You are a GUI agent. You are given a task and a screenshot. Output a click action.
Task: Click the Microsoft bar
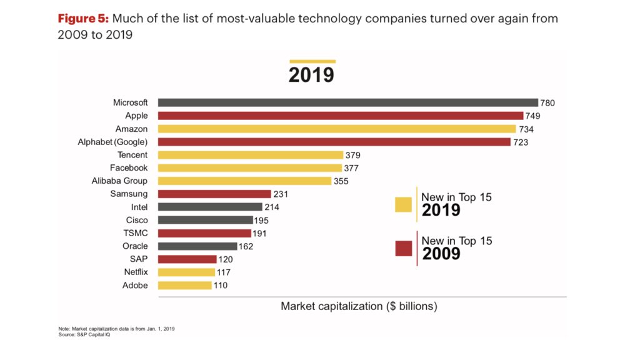tap(347, 102)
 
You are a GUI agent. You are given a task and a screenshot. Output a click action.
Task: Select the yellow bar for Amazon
tap(337, 129)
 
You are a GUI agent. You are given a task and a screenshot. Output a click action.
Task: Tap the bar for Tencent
tap(251, 155)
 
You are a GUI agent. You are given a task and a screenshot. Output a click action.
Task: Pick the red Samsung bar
tap(214, 194)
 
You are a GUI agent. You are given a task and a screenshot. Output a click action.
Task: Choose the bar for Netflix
tap(186, 272)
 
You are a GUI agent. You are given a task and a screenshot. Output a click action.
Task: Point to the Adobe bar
tap(184, 285)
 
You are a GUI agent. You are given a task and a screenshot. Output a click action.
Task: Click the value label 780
tap(548, 103)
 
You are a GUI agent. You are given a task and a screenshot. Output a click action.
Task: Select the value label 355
tap(341, 181)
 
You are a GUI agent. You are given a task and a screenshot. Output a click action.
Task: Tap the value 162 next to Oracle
tap(246, 246)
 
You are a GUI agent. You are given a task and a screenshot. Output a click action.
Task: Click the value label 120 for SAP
tap(225, 259)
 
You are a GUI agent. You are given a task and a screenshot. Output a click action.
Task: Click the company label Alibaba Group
tap(119, 181)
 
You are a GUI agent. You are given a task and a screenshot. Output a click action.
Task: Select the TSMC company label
tap(136, 233)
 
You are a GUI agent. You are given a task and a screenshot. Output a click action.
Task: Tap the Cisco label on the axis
tap(137, 220)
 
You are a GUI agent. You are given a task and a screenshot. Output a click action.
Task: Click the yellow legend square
tap(403, 204)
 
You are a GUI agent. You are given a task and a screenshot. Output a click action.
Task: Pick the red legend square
tap(403, 248)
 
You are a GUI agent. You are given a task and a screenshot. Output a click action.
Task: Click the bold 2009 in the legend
tap(441, 254)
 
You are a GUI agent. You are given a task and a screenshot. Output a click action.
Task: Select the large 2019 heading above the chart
tap(311, 75)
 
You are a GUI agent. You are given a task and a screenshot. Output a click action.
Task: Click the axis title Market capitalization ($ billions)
tap(359, 306)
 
